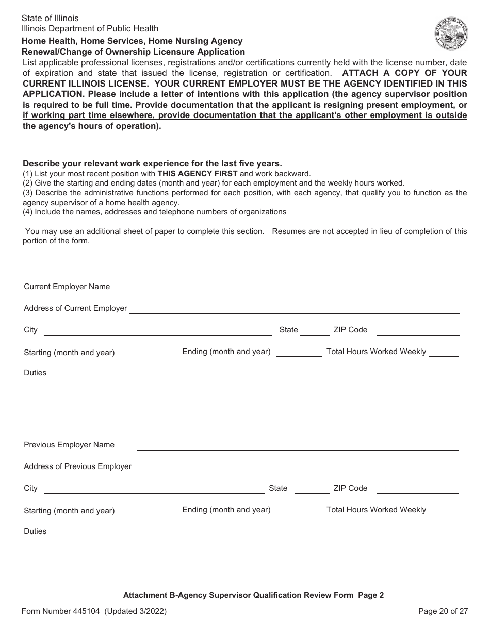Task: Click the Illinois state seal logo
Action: coord(451,34)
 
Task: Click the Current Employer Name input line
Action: coord(293,288)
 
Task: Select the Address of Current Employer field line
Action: coord(294,309)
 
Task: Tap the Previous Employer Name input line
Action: coord(298,446)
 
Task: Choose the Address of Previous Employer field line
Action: coord(298,468)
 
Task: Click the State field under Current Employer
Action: coord(315,331)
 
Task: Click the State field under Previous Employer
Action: coord(312,489)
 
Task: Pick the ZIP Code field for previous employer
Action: coord(417,489)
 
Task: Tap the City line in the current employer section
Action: coord(157,331)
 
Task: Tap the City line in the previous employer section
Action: coord(154,489)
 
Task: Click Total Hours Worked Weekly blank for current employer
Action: coord(444,353)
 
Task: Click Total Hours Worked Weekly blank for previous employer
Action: coord(444,511)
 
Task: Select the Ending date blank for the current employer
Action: coord(299,353)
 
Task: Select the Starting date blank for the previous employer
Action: coord(157,511)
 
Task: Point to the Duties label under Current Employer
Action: coord(35,373)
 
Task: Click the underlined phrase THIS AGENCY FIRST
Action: coord(198,174)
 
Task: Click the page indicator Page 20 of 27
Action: coord(443,611)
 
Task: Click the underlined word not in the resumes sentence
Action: coord(328,231)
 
